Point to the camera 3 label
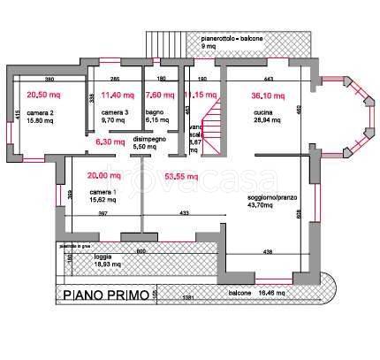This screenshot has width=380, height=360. (115, 113)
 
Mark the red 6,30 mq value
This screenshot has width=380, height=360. (110, 141)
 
